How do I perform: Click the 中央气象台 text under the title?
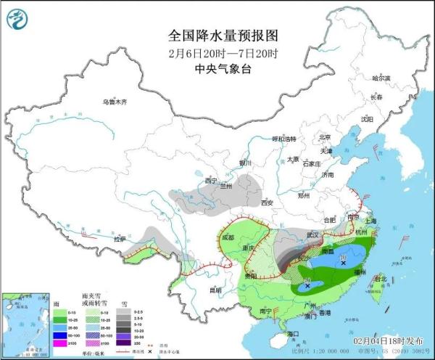[218, 69]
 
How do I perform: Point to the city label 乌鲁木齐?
[114, 102]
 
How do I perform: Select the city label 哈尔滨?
[381, 78]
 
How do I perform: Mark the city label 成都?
[228, 237]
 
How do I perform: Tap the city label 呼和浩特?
[285, 138]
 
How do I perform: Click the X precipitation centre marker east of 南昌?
[343, 263]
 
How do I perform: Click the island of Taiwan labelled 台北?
[376, 285]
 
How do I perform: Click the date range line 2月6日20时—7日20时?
[218, 53]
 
